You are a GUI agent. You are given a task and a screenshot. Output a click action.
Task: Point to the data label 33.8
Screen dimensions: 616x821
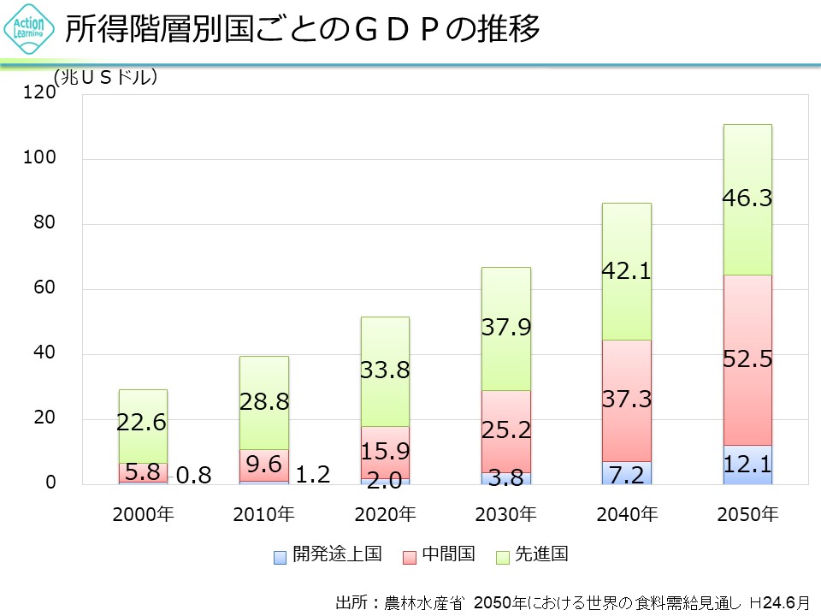385,370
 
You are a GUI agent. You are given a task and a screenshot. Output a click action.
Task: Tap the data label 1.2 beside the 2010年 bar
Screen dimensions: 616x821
312,473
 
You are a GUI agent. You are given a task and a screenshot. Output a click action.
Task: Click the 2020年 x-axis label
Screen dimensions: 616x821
385,514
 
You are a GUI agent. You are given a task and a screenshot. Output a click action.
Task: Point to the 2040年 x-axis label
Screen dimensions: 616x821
627,514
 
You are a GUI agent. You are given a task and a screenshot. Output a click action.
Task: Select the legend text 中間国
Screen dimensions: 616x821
447,554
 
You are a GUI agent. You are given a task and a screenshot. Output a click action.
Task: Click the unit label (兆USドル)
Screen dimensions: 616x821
106,78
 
